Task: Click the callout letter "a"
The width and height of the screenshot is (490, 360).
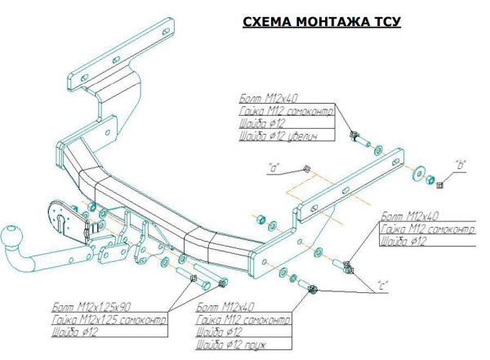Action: (x=274, y=168)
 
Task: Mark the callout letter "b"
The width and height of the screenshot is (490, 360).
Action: (x=460, y=167)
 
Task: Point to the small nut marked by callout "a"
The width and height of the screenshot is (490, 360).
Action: (x=304, y=169)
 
